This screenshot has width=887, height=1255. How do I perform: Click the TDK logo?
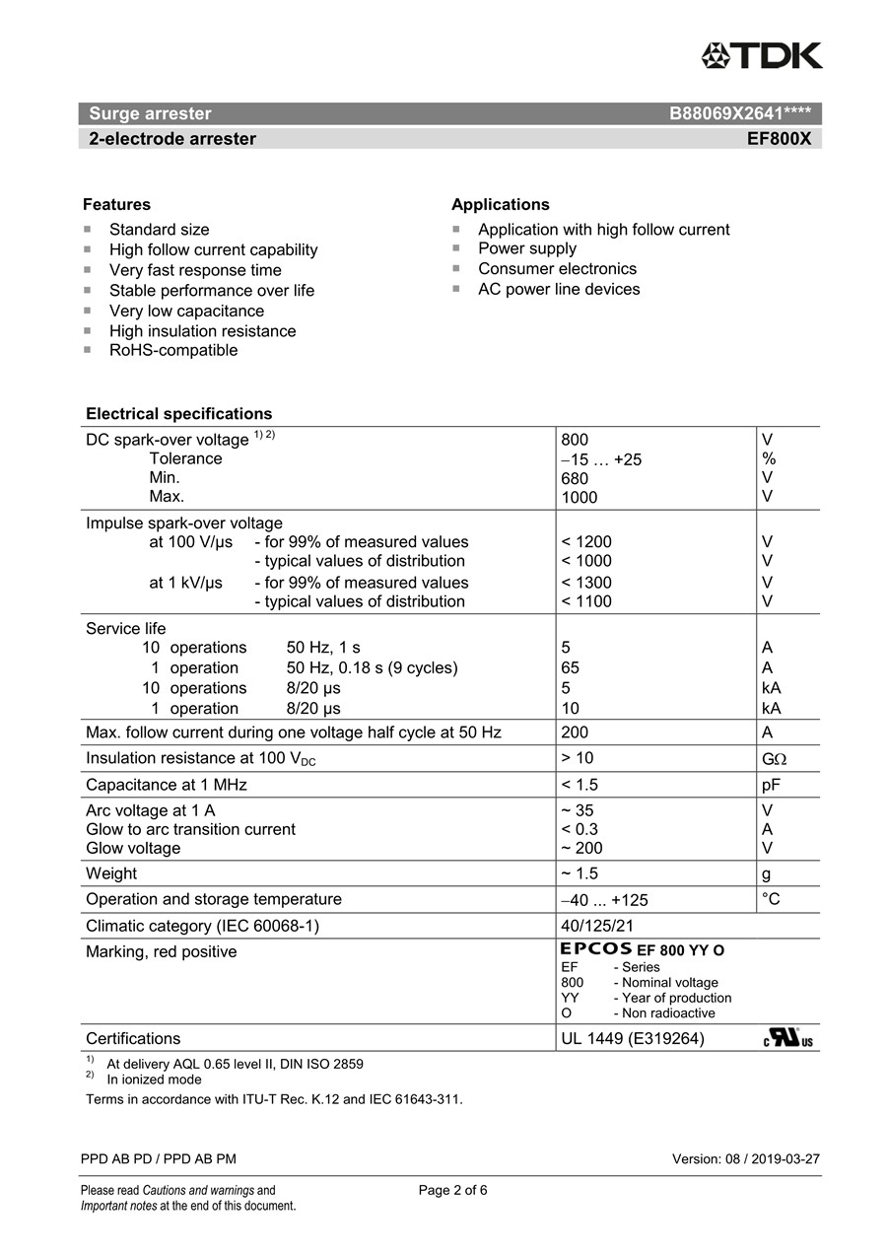click(761, 56)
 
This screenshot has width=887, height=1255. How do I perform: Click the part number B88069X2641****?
click(740, 113)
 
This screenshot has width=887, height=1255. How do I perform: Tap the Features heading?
click(116, 205)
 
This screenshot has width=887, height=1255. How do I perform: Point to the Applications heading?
click(500, 205)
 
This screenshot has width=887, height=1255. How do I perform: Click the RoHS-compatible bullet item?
click(172, 350)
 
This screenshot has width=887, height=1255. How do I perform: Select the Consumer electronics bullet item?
click(557, 268)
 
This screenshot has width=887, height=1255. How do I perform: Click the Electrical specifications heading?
click(178, 414)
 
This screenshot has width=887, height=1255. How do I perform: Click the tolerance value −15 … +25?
click(601, 459)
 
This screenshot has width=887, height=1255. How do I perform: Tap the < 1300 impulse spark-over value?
click(586, 583)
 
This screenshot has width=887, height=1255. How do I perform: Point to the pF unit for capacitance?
click(772, 785)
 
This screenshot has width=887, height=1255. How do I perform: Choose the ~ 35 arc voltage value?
click(578, 810)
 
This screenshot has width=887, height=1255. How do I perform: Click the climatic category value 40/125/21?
click(597, 926)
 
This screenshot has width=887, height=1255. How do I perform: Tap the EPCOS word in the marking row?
click(596, 949)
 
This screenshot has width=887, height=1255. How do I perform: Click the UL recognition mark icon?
click(786, 1038)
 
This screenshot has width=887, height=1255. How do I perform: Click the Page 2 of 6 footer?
click(452, 1190)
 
